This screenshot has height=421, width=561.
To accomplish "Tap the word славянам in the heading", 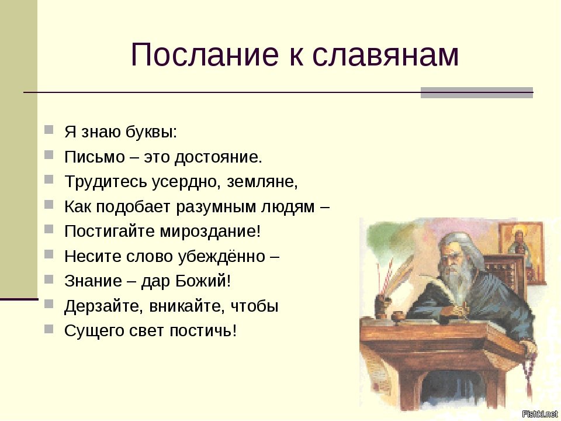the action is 385,56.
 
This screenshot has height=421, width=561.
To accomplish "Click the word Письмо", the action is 95,157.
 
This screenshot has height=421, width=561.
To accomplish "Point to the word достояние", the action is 218,157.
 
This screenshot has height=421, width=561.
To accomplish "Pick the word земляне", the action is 262,182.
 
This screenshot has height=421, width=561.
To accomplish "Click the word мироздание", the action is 210,232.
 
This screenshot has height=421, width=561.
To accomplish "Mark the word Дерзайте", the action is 105,306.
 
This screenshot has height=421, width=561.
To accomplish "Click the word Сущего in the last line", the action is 94,331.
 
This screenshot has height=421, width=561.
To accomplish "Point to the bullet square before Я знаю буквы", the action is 49,129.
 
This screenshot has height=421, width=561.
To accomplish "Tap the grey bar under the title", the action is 477,93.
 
